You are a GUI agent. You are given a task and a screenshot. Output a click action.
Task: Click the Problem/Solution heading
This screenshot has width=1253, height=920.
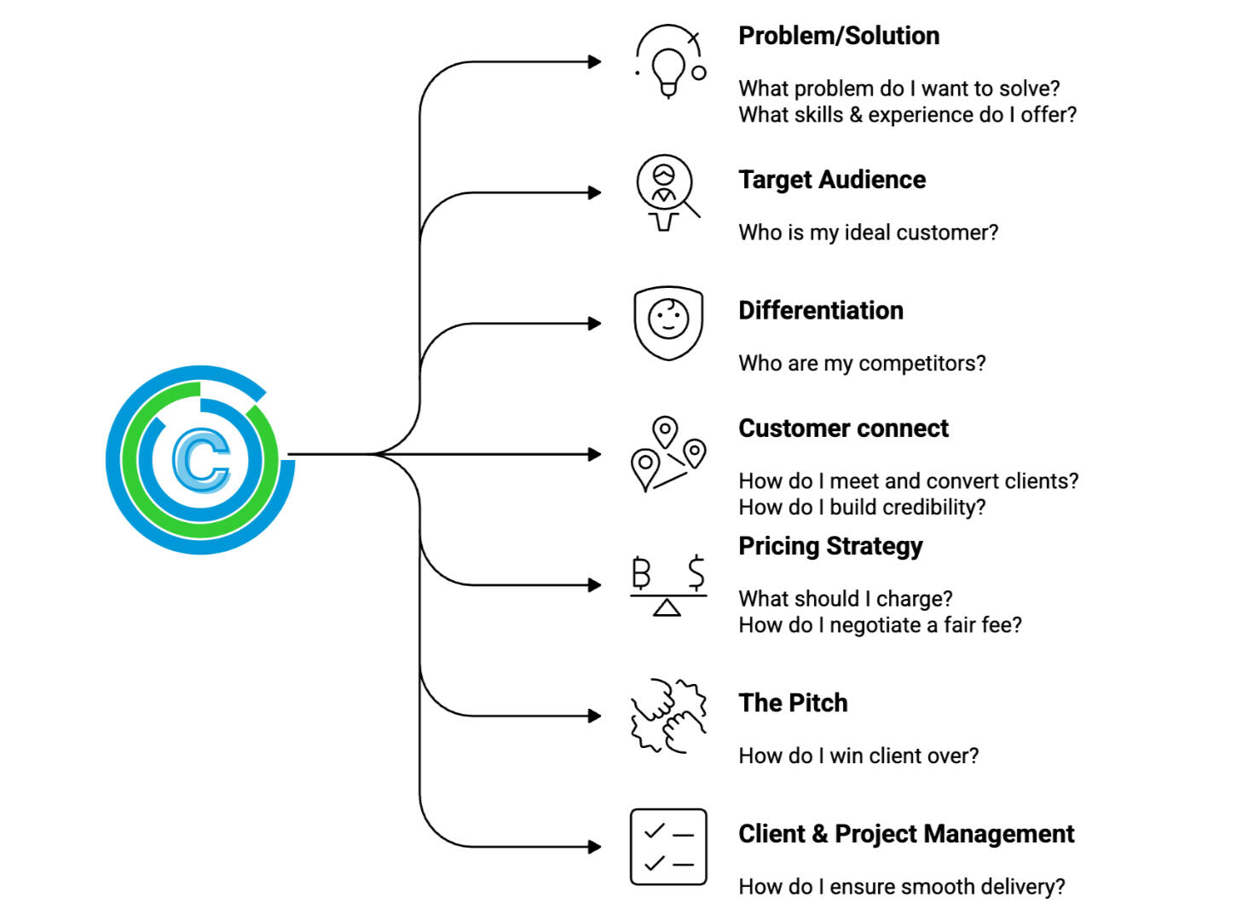point(839,36)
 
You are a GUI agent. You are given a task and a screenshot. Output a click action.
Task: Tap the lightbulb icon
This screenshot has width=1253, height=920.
point(669,61)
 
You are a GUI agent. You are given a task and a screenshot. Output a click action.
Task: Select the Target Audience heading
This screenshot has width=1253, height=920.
point(832,180)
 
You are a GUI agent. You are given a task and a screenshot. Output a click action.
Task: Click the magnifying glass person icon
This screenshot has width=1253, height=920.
point(667,193)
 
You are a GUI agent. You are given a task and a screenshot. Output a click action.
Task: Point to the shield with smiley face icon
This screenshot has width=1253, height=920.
point(668,323)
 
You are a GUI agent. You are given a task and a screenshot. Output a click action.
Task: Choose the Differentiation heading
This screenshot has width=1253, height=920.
point(821,311)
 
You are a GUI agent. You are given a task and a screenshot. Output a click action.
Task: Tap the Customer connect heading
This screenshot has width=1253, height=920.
point(843,428)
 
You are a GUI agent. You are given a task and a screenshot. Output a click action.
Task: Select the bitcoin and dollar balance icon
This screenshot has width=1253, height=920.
point(668,585)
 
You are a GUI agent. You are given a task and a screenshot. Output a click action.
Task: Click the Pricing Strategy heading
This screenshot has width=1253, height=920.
point(830,546)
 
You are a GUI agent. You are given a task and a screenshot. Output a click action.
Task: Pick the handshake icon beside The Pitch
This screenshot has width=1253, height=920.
point(668,716)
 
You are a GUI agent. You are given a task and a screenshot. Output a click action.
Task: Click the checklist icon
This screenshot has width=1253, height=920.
point(668,847)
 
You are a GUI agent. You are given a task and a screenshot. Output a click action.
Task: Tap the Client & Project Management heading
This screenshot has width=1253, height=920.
point(906,834)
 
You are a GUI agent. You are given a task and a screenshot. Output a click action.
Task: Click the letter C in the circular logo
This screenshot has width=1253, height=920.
point(201,460)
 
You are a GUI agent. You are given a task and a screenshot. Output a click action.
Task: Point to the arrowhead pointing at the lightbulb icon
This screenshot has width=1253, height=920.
point(595,61)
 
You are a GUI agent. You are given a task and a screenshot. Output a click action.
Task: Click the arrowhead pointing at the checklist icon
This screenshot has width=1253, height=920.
point(595,847)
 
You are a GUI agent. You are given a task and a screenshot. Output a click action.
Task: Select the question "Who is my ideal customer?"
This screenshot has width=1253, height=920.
point(868,233)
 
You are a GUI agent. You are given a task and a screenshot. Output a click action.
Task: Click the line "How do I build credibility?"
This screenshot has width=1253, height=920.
point(862,508)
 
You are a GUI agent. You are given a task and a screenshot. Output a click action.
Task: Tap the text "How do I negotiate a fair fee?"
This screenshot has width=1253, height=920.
point(880,625)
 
